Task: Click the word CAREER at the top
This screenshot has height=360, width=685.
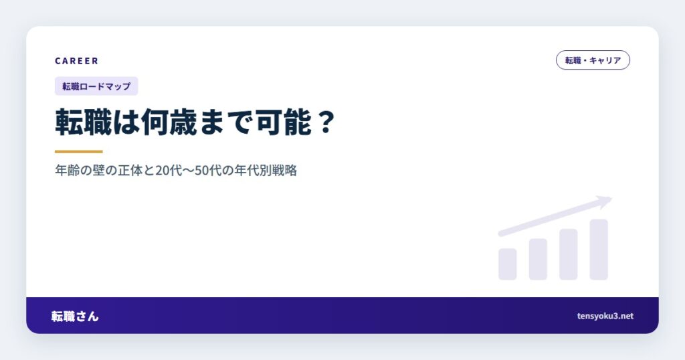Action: click(x=76, y=61)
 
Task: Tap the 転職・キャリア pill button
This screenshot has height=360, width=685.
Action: click(x=593, y=60)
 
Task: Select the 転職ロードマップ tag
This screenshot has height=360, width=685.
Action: click(x=96, y=86)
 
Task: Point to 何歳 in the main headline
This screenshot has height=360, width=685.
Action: click(x=169, y=122)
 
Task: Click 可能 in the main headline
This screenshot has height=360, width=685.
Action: click(x=284, y=122)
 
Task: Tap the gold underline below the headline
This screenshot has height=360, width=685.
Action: click(x=79, y=152)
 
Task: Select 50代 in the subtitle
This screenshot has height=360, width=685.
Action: click(x=208, y=170)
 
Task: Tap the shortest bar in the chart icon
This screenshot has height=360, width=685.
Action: click(x=508, y=264)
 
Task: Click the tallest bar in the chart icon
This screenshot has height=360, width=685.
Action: click(x=599, y=250)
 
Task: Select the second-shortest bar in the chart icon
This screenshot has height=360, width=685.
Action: click(x=539, y=259)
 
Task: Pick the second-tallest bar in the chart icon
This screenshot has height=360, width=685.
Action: click(x=569, y=254)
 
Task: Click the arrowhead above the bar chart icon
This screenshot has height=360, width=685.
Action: click(x=605, y=201)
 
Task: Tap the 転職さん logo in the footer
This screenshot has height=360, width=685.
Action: click(x=75, y=316)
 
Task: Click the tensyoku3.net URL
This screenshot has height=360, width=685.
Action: click(x=605, y=316)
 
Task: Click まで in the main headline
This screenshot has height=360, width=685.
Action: click(x=227, y=122)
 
